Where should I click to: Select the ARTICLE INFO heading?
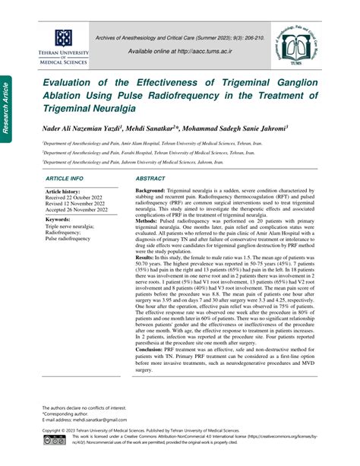click(x=65, y=177)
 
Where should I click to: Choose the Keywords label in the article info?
click(x=62, y=220)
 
